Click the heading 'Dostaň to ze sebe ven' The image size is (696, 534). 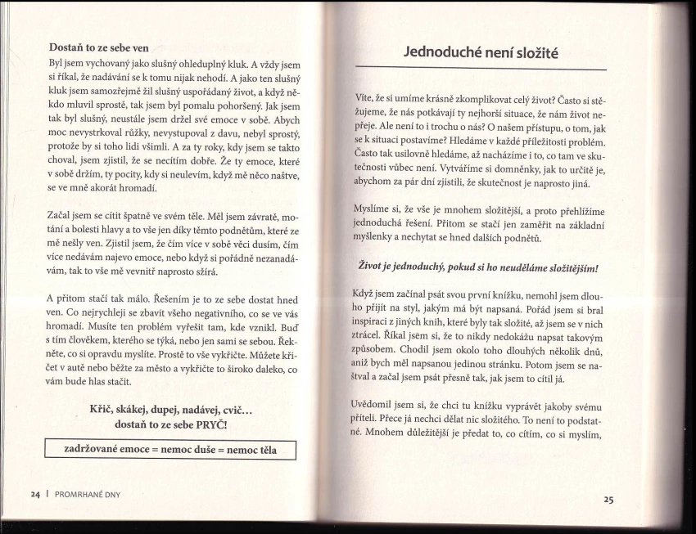pos(99,48)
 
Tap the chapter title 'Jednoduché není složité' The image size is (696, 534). pos(481,54)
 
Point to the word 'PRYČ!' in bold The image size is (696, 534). pos(210,424)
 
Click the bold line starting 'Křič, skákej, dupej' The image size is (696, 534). pos(170,409)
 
